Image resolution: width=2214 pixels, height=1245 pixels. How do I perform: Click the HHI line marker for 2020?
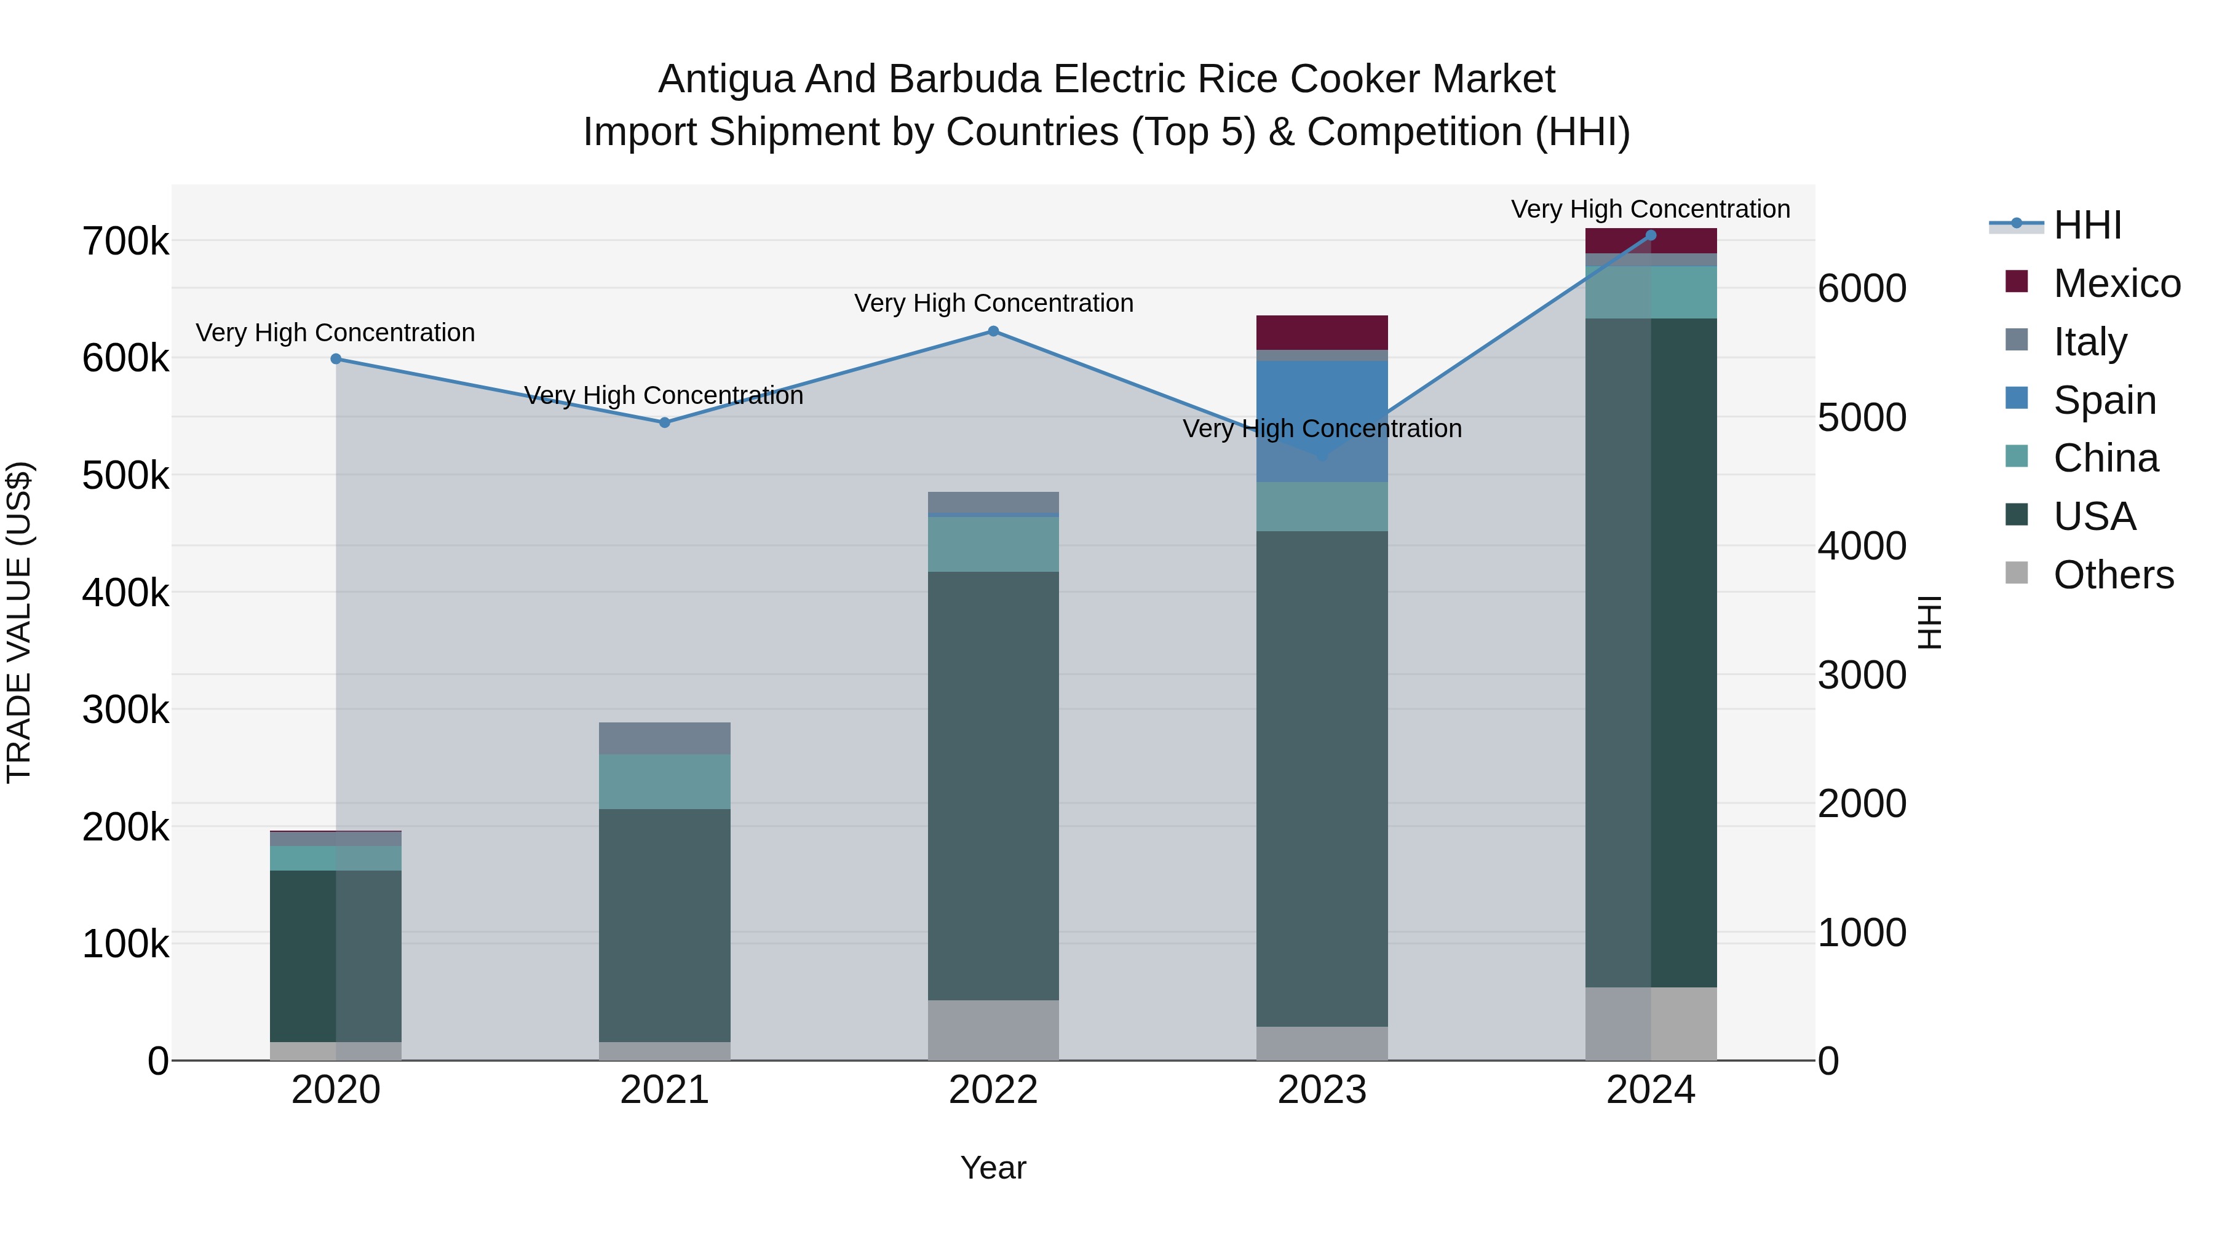pos(336,359)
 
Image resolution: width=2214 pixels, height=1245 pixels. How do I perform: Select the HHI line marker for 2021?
pos(664,423)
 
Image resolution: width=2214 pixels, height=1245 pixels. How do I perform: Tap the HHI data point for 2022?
pos(994,331)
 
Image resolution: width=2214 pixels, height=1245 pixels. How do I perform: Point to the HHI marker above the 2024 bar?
pos(1651,235)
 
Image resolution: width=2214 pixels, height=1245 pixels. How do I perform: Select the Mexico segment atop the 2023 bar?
pos(1322,333)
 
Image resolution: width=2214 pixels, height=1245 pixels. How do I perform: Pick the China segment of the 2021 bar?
pos(664,782)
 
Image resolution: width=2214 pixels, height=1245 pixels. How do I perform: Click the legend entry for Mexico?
pos(2116,283)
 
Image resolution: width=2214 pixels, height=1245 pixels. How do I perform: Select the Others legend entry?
pos(2113,575)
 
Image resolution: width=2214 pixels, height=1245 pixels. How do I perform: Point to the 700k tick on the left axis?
pos(125,242)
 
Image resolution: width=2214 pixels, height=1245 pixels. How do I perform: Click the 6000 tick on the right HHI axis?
pos(1862,289)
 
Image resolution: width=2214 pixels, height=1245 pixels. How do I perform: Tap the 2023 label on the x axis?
pos(1322,1090)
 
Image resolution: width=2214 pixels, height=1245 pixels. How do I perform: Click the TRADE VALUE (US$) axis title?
pos(19,622)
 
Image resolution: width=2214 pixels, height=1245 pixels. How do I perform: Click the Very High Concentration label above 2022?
pos(994,303)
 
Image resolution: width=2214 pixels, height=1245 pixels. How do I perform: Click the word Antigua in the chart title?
pos(726,79)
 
